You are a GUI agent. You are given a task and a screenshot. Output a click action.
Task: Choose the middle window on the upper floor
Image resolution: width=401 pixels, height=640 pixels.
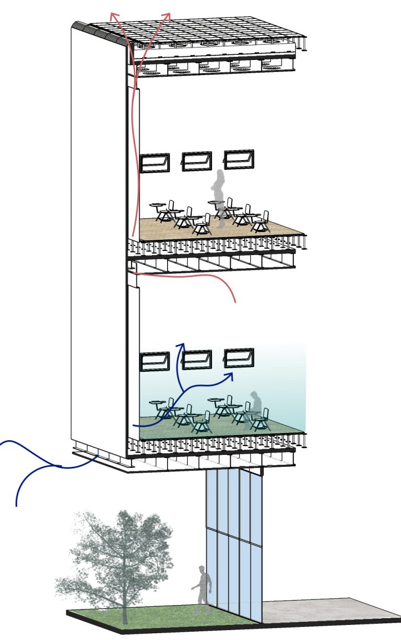point(196,161)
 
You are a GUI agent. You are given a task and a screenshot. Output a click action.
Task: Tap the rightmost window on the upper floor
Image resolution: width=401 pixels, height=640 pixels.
point(239,160)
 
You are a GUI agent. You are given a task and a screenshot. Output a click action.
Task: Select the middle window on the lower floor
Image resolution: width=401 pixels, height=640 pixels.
point(196,359)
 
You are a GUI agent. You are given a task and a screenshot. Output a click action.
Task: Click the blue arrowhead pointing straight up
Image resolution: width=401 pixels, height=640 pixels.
point(182,345)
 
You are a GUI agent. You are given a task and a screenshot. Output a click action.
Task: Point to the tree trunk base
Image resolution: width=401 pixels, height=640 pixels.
point(125,620)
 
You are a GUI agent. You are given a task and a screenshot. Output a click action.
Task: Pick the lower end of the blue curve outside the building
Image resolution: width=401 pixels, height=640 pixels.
point(17,505)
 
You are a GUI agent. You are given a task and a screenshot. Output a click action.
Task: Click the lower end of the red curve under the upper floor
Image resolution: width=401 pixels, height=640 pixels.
point(235,302)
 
